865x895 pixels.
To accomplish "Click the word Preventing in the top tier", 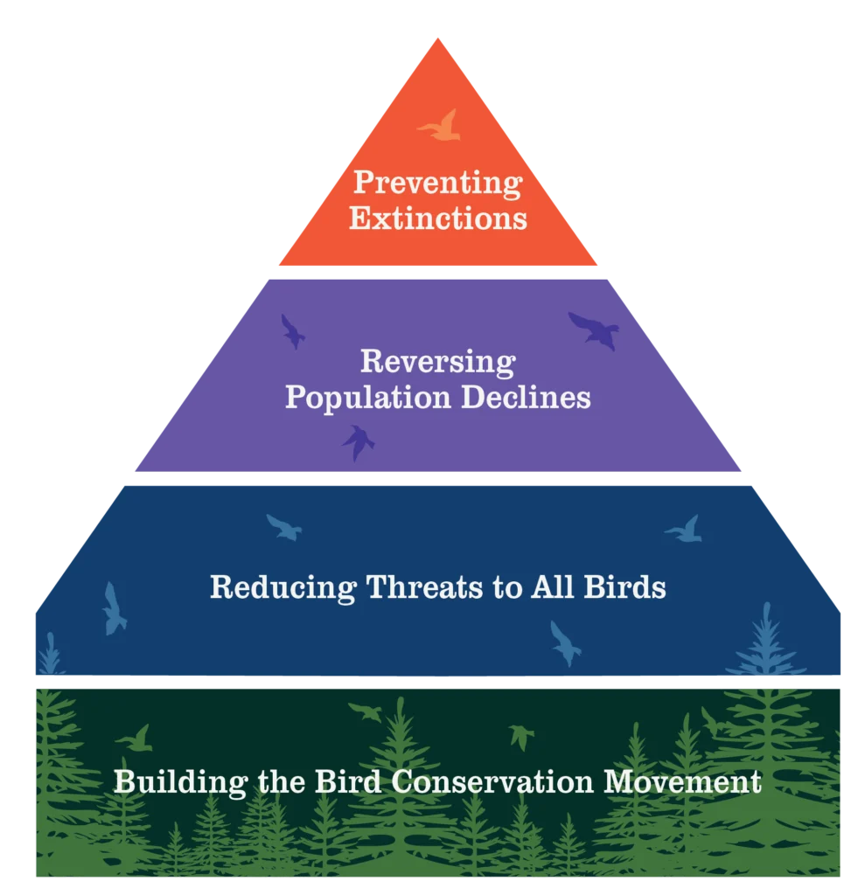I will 436,184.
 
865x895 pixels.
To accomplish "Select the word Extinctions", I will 437,217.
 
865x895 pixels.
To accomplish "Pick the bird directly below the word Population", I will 357,441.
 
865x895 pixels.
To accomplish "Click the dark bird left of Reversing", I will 293,331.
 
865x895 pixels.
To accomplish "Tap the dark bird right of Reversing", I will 595,330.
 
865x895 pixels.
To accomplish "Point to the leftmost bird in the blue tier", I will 112,608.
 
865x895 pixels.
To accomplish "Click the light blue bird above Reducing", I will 283,526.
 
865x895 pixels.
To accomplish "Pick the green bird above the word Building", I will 136,739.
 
